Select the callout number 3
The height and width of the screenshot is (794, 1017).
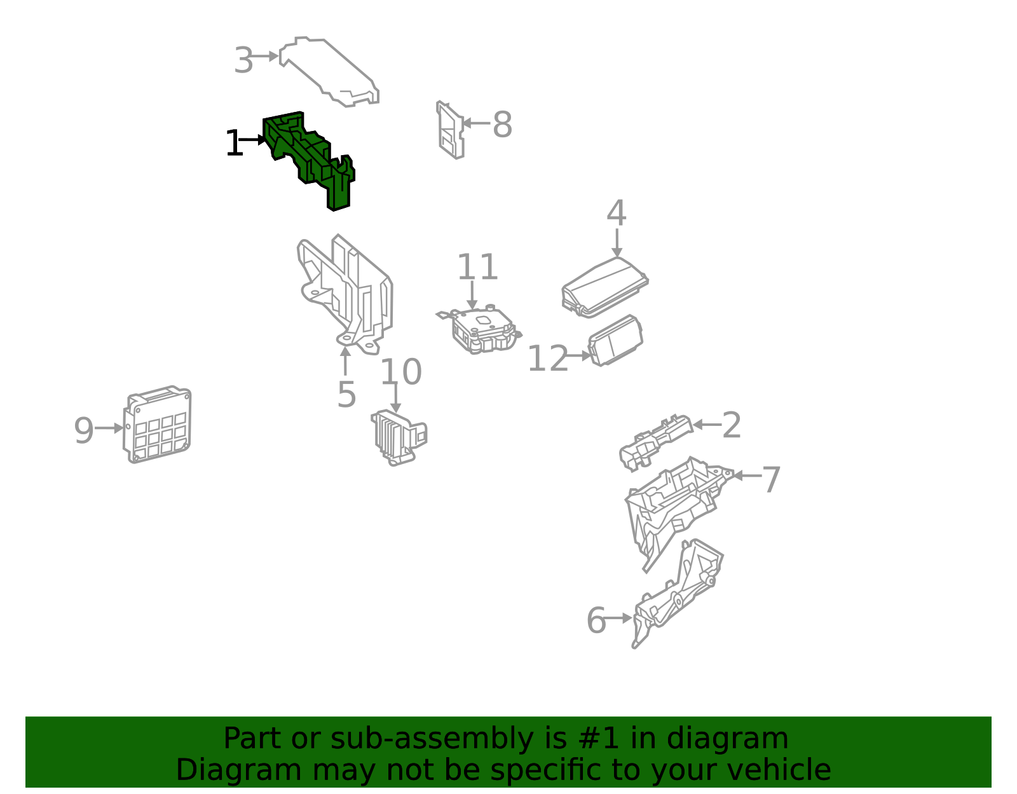coord(243,60)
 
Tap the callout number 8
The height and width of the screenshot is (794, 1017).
coord(502,125)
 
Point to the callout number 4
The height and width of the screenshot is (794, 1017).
coord(616,213)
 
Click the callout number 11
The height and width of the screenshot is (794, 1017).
coord(477,267)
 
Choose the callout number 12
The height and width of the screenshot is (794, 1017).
coord(547,359)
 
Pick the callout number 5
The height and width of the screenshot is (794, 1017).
coord(346,394)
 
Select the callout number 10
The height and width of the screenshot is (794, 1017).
coord(401,371)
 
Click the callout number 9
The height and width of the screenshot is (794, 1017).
coord(84,430)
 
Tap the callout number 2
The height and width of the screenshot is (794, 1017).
coord(732,425)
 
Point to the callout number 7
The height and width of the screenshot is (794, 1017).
coord(771,479)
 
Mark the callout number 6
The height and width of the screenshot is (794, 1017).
coord(596,620)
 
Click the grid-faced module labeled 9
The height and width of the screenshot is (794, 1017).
coord(157,425)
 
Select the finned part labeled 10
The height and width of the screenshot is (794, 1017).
coord(399,437)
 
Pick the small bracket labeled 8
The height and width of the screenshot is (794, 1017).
coord(450,130)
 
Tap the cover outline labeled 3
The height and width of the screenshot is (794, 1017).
coord(329,71)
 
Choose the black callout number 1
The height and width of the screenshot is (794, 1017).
coord(234,142)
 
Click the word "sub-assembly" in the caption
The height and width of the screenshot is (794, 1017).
coord(432,738)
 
